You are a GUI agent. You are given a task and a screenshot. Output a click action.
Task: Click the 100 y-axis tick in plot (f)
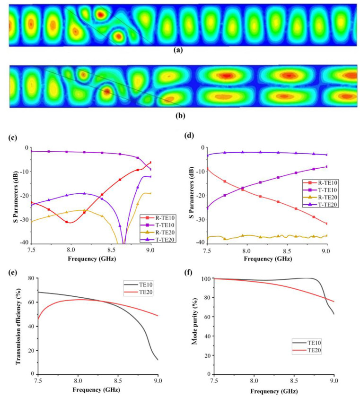(x=202, y=279)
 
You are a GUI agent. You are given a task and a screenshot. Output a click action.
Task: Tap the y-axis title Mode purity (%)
(x=192, y=326)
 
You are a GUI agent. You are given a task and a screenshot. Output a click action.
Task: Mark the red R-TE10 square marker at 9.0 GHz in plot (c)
(x=150, y=163)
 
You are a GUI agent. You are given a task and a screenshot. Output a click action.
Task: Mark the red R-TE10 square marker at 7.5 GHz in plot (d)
(x=207, y=168)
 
